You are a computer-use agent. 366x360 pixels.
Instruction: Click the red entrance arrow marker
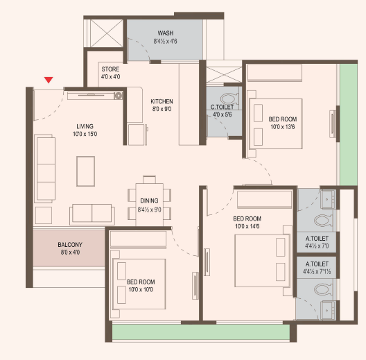[49, 80]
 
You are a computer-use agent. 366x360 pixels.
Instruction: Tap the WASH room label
[165, 33]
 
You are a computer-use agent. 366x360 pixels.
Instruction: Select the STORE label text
[110, 69]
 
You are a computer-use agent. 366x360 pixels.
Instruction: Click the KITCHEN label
[162, 101]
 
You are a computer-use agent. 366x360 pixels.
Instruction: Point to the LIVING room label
[85, 126]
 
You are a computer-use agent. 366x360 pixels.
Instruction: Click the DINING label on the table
[149, 200]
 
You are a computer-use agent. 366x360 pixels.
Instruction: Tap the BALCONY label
[70, 245]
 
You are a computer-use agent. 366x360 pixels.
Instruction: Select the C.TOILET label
[222, 107]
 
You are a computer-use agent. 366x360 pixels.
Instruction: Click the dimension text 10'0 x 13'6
[283, 127]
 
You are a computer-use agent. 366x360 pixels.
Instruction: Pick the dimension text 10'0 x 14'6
[247, 226]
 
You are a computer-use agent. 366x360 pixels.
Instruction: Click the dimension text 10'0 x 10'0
[141, 289]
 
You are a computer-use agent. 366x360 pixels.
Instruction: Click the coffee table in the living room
[86, 171]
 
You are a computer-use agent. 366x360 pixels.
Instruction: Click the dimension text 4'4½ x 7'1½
[317, 271]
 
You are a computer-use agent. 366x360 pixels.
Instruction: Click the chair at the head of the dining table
[150, 180]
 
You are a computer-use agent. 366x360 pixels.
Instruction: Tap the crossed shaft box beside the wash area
[107, 33]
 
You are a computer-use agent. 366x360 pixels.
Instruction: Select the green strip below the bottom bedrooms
[201, 332]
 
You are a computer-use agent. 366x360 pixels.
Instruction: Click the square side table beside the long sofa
[44, 216]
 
